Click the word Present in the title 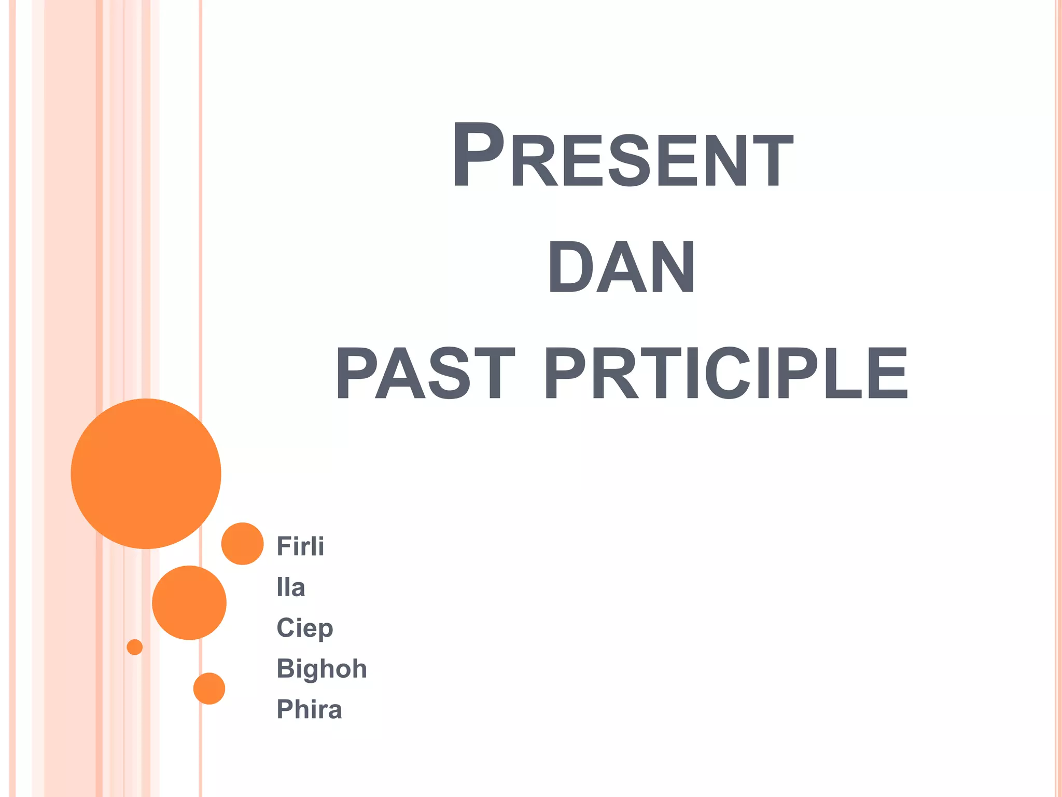click(622, 156)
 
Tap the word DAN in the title click(621, 267)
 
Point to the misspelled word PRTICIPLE click(726, 374)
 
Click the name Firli click(300, 546)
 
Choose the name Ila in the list click(290, 587)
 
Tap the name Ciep click(304, 628)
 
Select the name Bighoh click(322, 668)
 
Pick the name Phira click(309, 709)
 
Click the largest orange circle click(146, 473)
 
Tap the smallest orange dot click(135, 647)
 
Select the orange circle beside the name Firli click(242, 543)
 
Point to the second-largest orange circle click(189, 602)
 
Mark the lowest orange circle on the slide click(209, 689)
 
